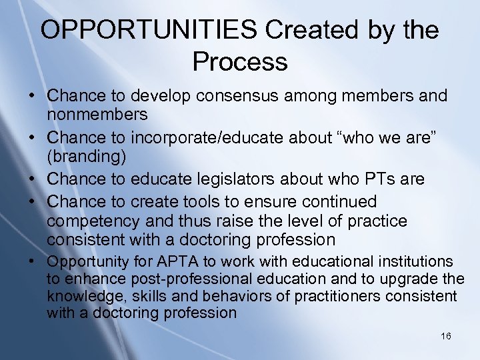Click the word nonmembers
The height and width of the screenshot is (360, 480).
tap(97, 115)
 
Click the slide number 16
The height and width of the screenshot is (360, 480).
tap(446, 336)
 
